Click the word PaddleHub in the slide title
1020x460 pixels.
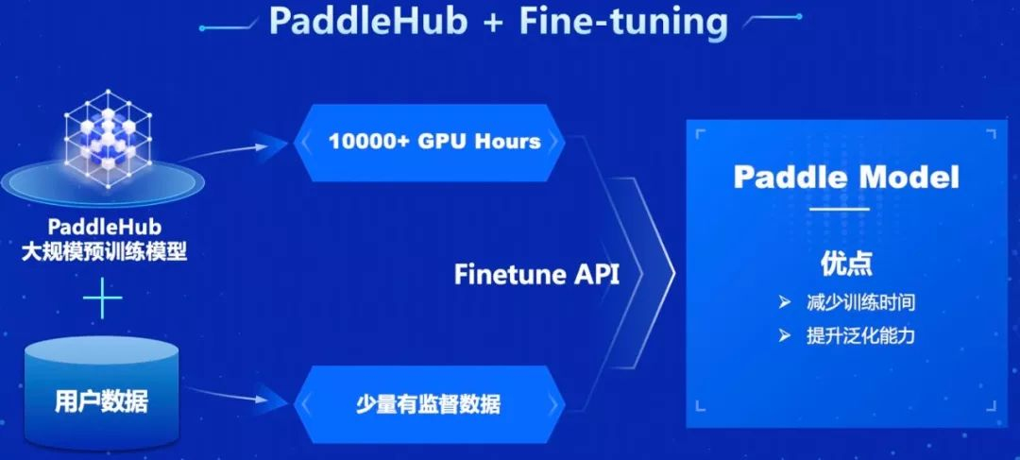click(x=367, y=21)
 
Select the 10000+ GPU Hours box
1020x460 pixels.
click(x=433, y=142)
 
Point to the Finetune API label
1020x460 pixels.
click(x=536, y=274)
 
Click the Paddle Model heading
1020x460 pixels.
click(x=846, y=177)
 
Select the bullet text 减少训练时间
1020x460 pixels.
click(x=860, y=304)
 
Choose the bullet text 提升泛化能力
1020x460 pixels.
click(x=860, y=335)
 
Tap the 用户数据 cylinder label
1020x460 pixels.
click(x=101, y=400)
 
